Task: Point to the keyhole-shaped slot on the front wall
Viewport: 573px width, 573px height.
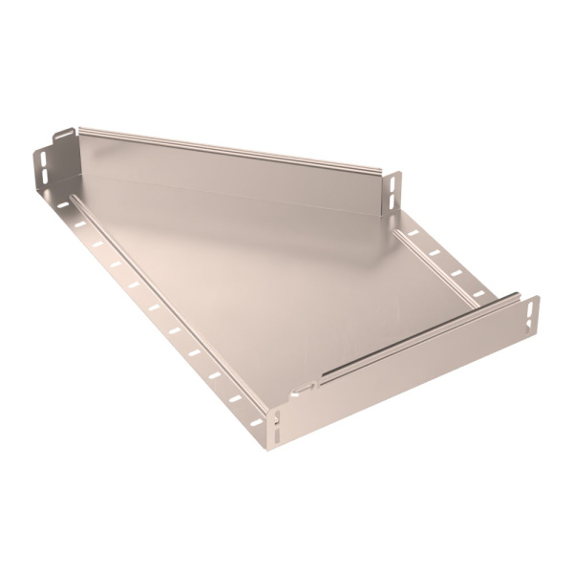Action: tap(304, 387)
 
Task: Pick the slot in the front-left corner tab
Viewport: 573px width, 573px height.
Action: tap(275, 421)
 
